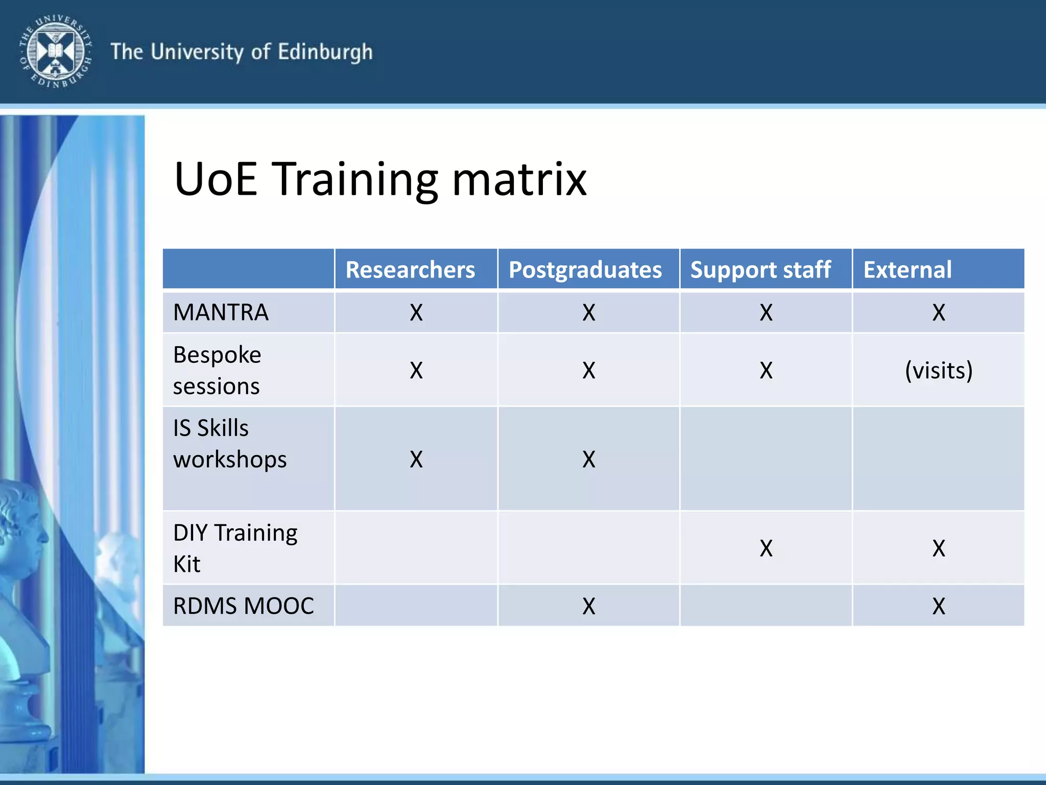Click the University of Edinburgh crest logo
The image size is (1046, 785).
[x=55, y=51]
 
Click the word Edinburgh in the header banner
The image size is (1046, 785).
[x=325, y=53]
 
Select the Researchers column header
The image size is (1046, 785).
[x=410, y=269]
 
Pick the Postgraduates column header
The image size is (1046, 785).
[x=585, y=270]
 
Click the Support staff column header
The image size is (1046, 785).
[x=760, y=270]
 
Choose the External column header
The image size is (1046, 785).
[x=908, y=269]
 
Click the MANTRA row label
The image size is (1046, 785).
[x=221, y=312]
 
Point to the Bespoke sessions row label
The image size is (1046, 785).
[x=217, y=370]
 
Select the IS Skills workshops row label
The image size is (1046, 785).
[x=229, y=443]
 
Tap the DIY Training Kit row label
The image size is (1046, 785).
[x=235, y=548]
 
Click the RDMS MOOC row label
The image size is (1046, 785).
[x=243, y=606]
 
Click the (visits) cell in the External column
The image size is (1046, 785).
[x=938, y=370]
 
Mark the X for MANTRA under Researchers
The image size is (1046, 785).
[x=416, y=312]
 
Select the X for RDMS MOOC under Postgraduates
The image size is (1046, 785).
[x=589, y=606]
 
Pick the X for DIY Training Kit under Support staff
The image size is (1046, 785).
[x=766, y=548]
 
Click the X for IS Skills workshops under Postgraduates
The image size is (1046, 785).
[x=589, y=459]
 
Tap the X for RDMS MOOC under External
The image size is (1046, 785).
[x=939, y=606]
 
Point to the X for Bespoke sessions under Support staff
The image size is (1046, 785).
[x=766, y=370]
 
